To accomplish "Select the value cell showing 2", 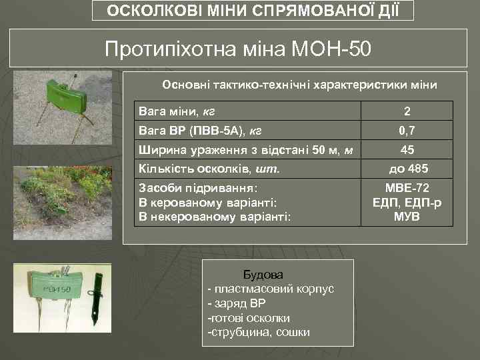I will pos(407,111).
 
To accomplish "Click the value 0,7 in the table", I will pos(407,129).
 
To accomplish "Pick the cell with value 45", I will pos(407,149).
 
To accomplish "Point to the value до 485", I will pos(407,169).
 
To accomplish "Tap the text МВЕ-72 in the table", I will pos(407,188).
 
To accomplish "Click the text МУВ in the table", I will pos(407,217).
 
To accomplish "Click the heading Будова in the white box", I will pos(263,274).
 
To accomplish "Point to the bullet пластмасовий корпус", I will pos(273,289).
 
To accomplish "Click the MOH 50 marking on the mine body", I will pos(56,290).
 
